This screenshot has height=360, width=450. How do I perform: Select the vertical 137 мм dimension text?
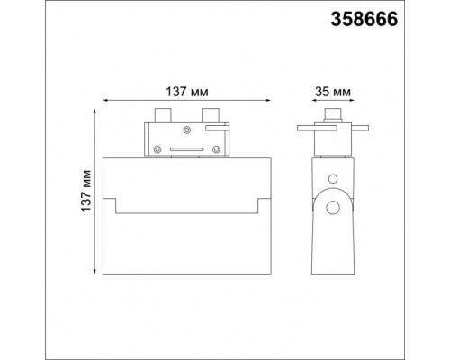[83, 191]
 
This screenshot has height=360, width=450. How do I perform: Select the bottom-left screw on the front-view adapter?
[158, 149]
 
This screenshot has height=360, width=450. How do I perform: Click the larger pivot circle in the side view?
[333, 209]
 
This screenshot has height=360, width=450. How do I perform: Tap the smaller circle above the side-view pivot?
[333, 179]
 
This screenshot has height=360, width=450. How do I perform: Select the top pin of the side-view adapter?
[332, 116]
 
